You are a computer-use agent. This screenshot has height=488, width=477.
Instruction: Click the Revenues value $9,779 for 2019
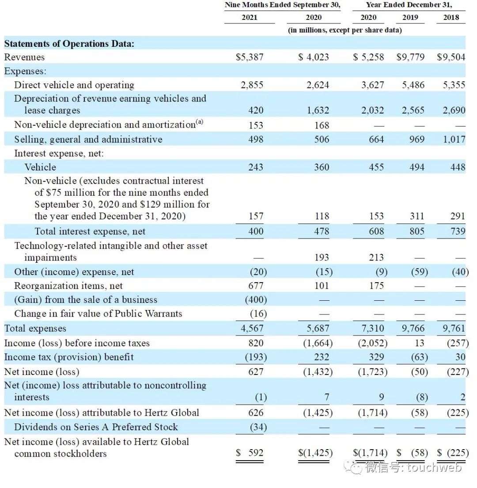pos(410,57)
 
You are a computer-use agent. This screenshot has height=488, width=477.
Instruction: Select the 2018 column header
pos(451,17)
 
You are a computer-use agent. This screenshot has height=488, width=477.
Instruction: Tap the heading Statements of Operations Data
pos(69,44)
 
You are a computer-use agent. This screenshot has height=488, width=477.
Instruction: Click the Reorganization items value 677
pos(256,285)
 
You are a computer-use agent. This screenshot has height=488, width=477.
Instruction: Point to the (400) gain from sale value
pos(256,299)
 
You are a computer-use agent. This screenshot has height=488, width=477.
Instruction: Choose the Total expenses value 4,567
pos(252,328)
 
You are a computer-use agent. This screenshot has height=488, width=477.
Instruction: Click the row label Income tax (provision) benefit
pos(69,357)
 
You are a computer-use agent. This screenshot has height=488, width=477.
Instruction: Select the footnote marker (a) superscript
pos(200,121)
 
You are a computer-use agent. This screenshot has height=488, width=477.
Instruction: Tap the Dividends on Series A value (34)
pos(258,427)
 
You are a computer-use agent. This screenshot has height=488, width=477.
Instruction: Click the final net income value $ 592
pos(250,453)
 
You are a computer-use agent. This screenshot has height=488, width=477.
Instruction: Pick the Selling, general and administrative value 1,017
pos(454,139)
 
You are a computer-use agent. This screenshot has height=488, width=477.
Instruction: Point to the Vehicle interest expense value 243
pos(256,167)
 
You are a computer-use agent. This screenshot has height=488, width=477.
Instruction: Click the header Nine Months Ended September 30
pos(283,5)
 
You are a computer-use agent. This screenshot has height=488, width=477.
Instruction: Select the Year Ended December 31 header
pos(409,5)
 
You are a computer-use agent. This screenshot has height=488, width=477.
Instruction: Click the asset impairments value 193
pos(322,257)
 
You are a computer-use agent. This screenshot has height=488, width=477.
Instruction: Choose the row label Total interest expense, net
pos(90,231)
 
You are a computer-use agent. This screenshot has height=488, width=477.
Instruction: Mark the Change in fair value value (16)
pos(258,314)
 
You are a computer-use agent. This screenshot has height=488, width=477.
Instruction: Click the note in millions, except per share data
pos(345,30)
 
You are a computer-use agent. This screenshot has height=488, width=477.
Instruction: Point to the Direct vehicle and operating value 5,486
pos(413,85)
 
